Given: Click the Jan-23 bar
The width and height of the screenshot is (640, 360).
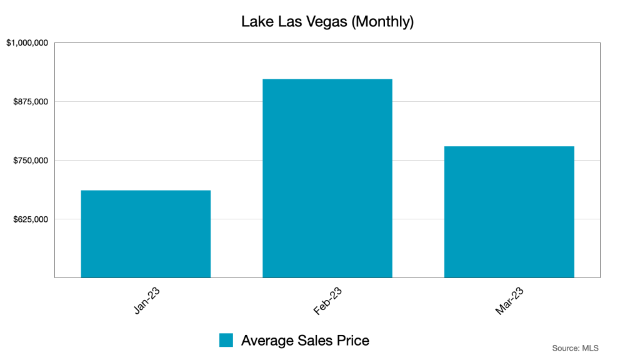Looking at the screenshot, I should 146,234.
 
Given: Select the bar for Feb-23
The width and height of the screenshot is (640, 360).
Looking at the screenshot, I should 327,178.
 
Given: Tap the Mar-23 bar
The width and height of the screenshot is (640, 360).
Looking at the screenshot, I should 509,212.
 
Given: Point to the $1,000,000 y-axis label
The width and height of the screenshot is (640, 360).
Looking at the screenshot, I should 27,43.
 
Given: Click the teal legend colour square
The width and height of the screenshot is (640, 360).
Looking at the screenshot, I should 226,340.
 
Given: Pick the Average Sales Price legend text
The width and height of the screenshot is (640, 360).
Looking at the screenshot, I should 305,341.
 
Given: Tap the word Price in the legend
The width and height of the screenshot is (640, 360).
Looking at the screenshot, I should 353,341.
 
